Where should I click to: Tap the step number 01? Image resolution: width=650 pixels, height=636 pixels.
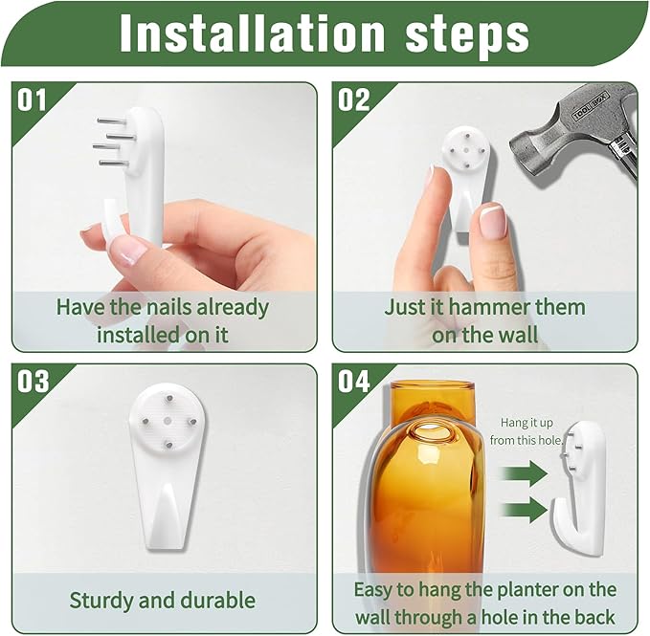click(33, 100)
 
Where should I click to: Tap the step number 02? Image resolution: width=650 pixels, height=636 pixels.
click(353, 100)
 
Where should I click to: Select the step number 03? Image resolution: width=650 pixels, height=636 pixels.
click(34, 382)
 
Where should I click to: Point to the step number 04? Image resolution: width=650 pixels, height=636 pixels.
click(354, 382)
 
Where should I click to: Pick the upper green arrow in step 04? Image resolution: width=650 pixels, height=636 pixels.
click(525, 472)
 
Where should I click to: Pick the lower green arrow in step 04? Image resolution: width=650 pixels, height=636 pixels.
click(525, 508)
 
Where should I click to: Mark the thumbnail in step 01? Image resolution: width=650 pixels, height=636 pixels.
click(127, 252)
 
